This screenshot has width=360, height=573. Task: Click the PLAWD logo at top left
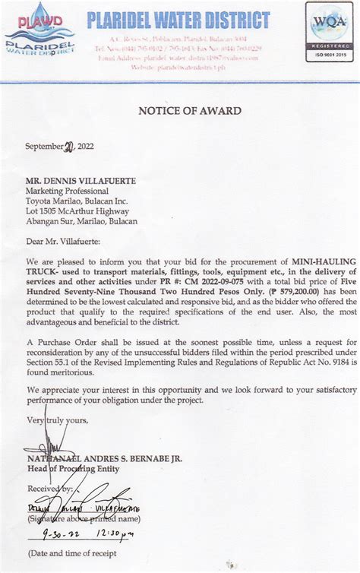click(x=39, y=31)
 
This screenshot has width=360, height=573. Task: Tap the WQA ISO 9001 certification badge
click(x=328, y=31)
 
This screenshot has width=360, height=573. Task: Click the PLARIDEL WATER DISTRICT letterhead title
click(x=178, y=20)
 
